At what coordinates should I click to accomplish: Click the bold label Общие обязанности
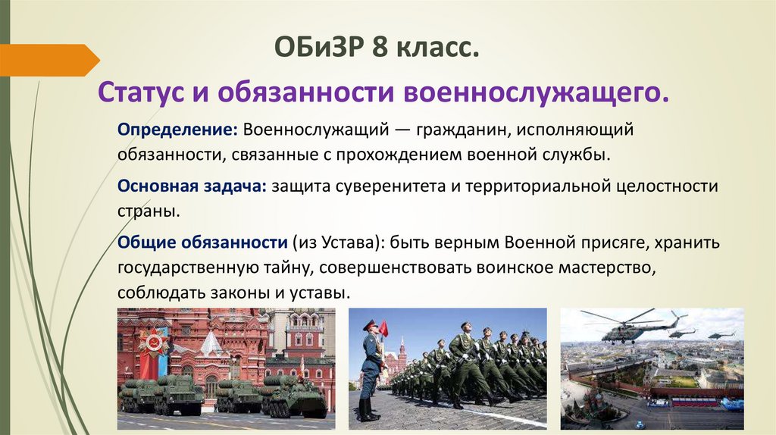coord(202,243)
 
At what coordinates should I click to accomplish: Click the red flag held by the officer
coord(383,328)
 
